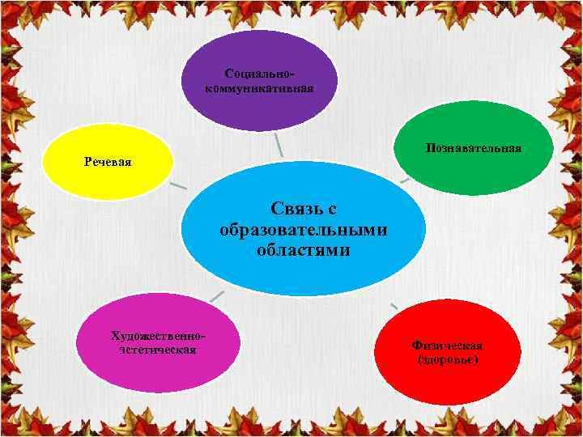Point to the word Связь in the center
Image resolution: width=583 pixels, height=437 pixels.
coord(304,210)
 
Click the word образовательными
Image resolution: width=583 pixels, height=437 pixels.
coord(304,230)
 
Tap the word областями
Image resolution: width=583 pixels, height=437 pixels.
coord(304,250)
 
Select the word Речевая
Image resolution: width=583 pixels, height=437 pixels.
coord(108,162)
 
